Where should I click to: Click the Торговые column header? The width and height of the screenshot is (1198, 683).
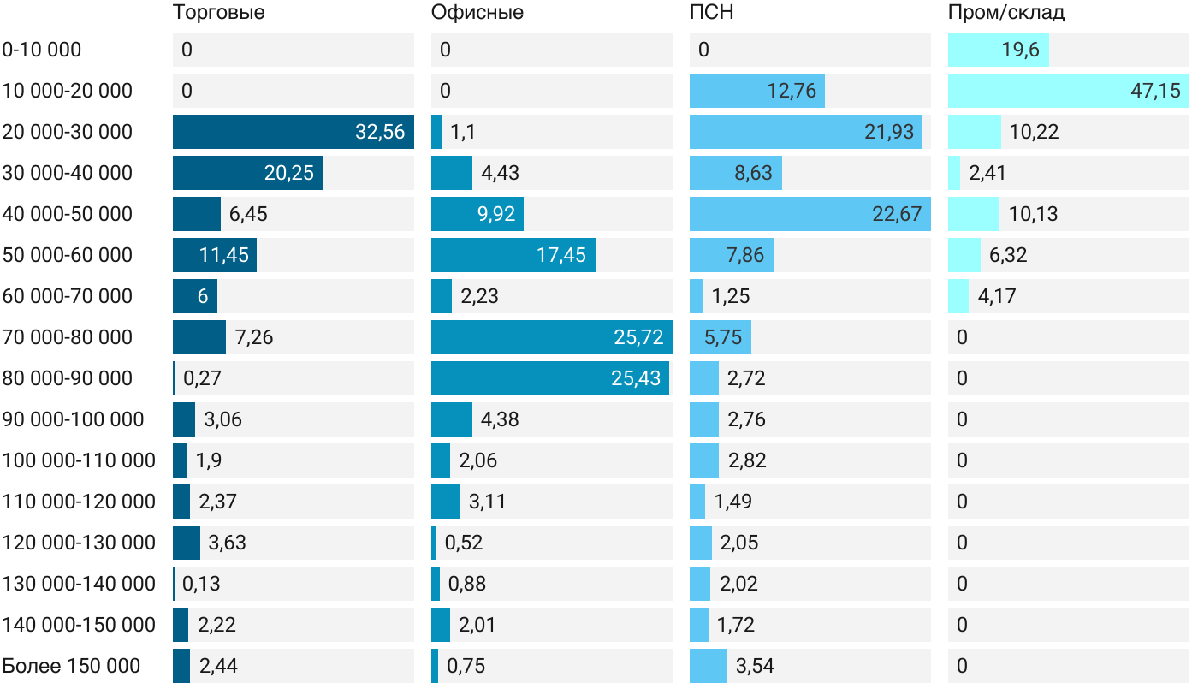tap(218, 13)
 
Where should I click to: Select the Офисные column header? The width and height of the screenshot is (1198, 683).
tap(477, 13)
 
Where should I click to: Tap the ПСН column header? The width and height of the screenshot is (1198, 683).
tap(711, 13)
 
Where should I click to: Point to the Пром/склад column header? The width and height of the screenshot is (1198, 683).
tap(1005, 13)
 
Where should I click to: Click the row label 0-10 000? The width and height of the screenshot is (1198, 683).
tap(42, 50)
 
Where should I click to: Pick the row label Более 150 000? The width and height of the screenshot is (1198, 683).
tap(71, 666)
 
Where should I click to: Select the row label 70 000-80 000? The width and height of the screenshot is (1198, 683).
tap(68, 337)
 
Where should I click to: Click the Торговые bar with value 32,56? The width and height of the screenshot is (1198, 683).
tap(293, 132)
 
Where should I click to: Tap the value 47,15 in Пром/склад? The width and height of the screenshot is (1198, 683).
tap(1155, 91)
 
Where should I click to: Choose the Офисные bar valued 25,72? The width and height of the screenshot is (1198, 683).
tap(551, 337)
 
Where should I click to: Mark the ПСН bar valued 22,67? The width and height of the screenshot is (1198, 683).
tap(810, 214)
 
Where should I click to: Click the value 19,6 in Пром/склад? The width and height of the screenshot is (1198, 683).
tap(1020, 50)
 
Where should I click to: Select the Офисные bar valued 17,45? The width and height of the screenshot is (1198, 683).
tap(513, 255)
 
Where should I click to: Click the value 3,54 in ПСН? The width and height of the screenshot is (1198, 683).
tap(755, 666)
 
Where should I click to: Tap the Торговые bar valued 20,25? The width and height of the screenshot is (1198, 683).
tap(247, 173)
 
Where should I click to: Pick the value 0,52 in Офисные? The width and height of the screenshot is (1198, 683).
tap(464, 543)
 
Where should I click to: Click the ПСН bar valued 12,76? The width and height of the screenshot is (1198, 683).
tap(756, 91)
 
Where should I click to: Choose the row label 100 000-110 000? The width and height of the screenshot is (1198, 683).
tap(79, 460)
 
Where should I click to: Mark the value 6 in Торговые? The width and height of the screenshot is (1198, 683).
tap(203, 296)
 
